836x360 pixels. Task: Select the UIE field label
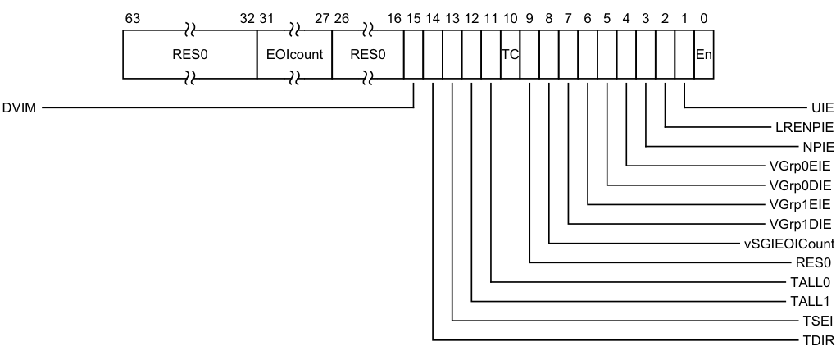pyautogui.click(x=822, y=107)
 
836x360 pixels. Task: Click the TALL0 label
pyautogui.click(x=816, y=282)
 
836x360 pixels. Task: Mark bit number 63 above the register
pyautogui.click(x=128, y=17)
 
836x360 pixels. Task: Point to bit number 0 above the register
pyautogui.click(x=703, y=17)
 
